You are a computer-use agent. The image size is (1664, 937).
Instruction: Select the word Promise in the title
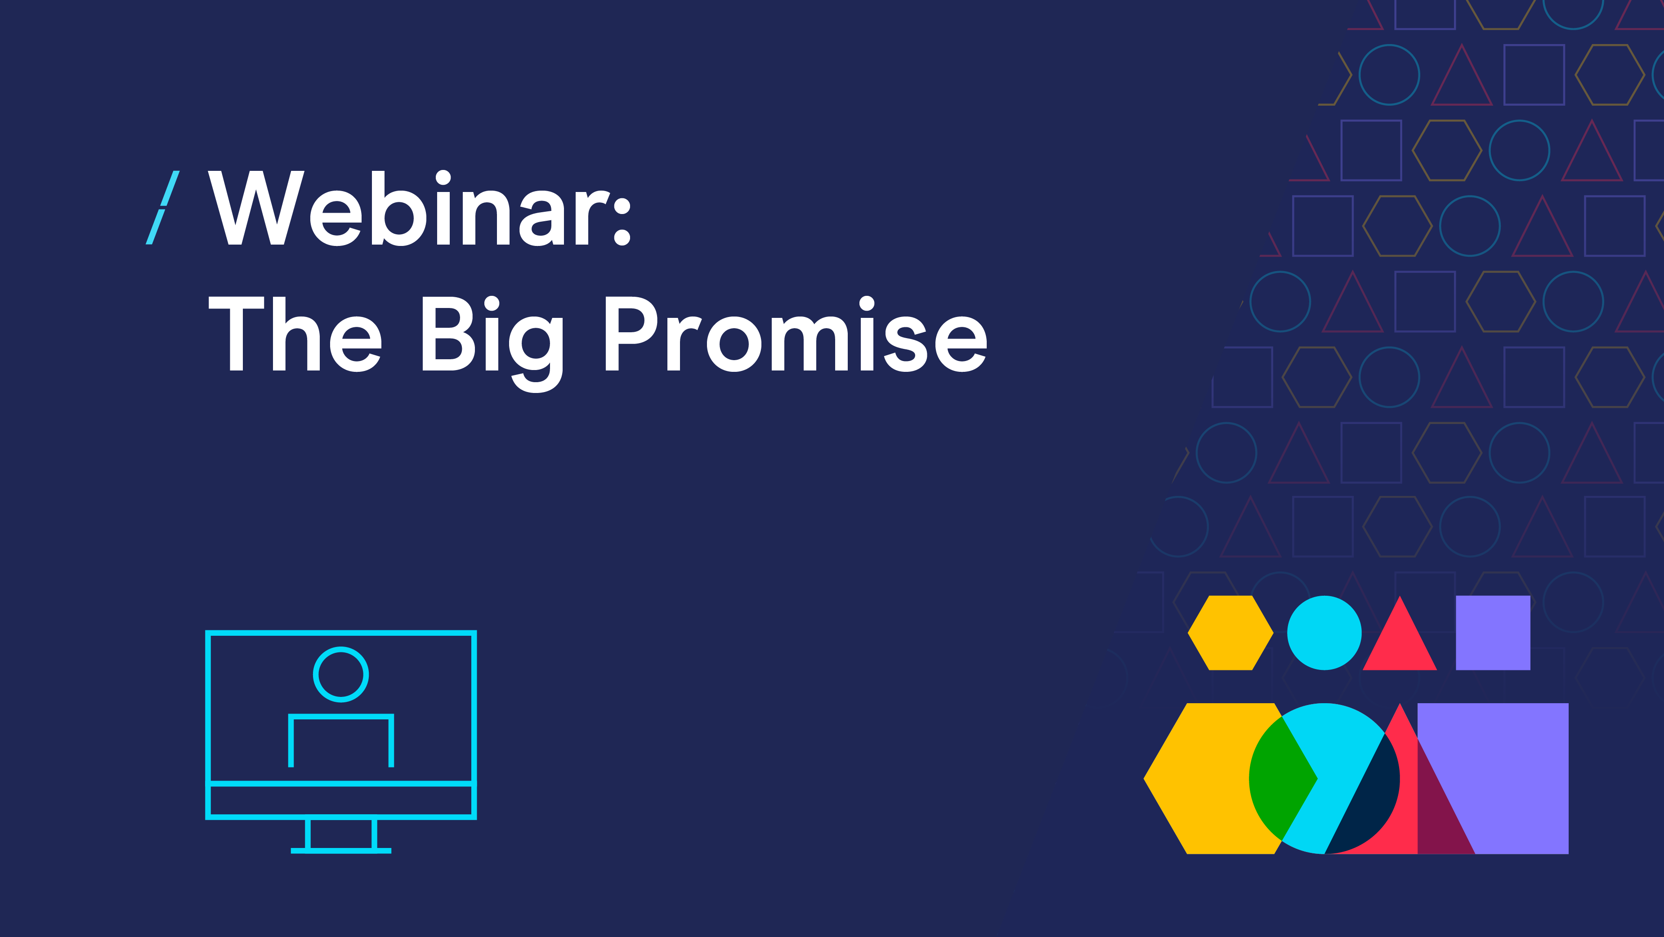(x=796, y=334)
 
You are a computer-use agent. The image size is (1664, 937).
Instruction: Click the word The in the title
(x=295, y=334)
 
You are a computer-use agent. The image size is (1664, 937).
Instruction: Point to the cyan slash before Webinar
(x=163, y=208)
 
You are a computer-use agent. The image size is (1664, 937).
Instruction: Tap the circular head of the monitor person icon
(x=341, y=674)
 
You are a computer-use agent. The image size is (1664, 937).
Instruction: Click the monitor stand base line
(x=341, y=851)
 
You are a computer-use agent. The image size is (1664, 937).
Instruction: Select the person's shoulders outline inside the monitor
(x=341, y=717)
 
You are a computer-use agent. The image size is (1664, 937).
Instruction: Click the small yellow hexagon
(x=1230, y=633)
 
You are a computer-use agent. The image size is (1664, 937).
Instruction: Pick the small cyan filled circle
(x=1324, y=633)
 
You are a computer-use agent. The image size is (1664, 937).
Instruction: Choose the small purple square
(x=1493, y=633)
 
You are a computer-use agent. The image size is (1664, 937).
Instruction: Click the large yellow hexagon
(x=1202, y=779)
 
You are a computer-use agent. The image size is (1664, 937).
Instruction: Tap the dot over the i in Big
(x=492, y=303)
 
